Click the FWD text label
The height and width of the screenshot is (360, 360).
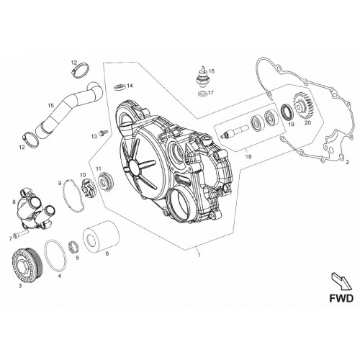point(341,298)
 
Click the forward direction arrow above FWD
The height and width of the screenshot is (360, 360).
point(341,281)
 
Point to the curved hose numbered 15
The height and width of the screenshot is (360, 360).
point(70,107)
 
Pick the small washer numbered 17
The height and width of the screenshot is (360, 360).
point(202,93)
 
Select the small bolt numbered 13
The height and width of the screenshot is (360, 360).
point(104,132)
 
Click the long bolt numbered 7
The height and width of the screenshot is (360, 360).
point(21,233)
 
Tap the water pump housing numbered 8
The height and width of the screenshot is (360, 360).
point(35,208)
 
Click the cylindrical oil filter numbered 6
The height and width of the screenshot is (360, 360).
point(101,235)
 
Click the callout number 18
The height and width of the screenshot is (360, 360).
point(248,157)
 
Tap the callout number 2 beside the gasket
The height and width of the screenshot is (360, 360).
point(347,162)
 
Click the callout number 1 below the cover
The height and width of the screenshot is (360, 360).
point(199,255)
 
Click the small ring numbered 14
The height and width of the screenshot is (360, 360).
point(120,86)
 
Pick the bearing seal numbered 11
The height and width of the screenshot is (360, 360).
point(106,181)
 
